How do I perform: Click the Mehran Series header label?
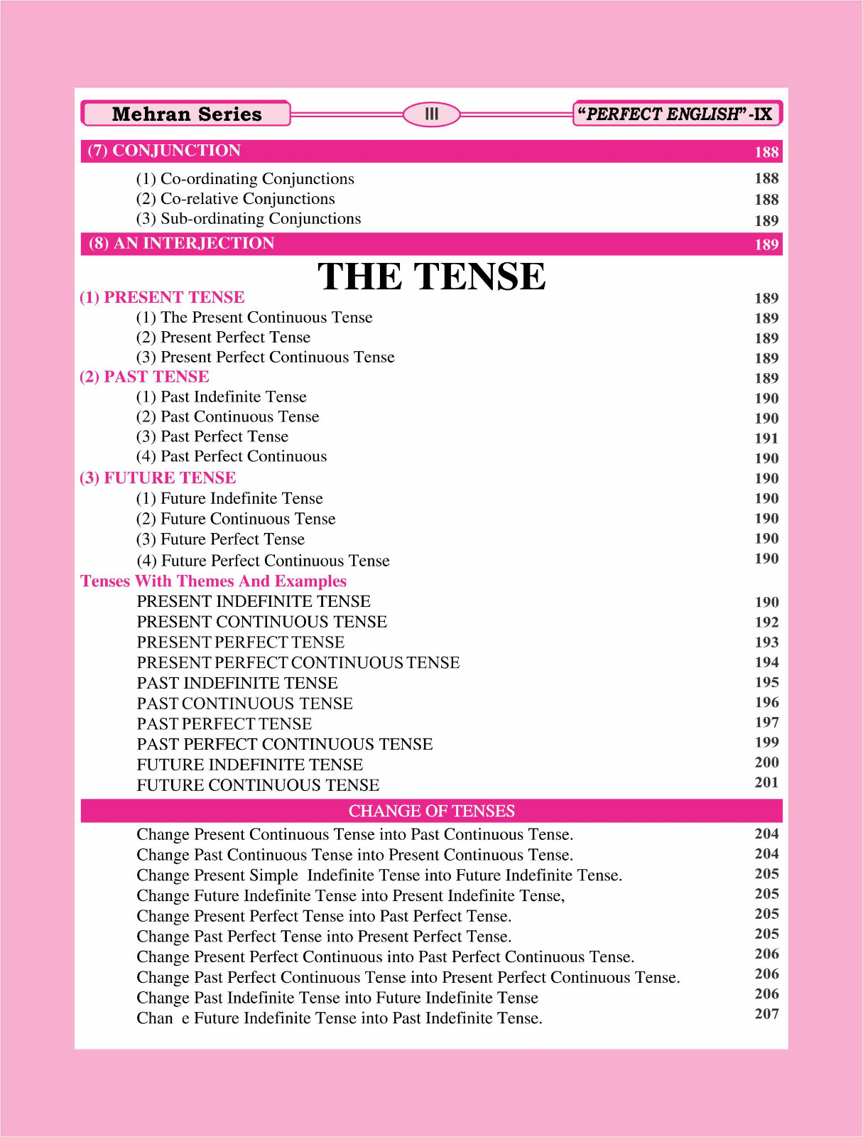point(186,114)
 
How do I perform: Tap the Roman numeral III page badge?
point(431,114)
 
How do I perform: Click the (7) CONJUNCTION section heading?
point(164,151)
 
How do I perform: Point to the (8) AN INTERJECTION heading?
point(182,244)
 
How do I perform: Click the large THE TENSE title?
point(431,276)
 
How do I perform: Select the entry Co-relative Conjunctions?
point(235,199)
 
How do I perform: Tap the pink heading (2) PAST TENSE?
point(144,377)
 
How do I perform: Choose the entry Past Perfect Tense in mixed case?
point(212,436)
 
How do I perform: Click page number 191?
point(766,438)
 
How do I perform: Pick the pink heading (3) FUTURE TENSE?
point(158,478)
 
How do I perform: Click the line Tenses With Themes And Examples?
point(213,581)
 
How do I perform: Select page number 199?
point(766,743)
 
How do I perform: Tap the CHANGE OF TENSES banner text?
point(431,811)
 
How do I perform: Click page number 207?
point(766,1014)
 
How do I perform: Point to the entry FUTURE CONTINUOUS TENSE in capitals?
point(258,785)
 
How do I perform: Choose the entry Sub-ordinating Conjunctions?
point(249,219)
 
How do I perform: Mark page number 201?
point(766,782)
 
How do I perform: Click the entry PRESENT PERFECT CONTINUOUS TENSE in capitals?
point(298,663)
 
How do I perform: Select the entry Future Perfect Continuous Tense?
point(263,561)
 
